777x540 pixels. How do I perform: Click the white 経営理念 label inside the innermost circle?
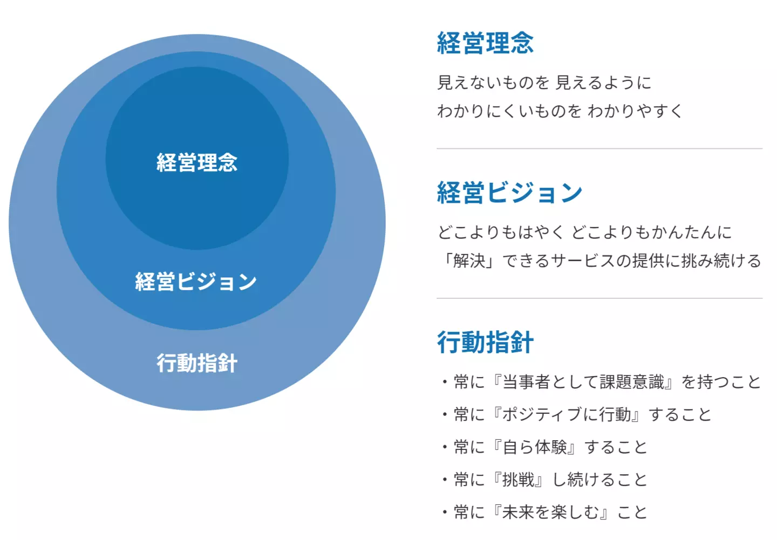(x=197, y=162)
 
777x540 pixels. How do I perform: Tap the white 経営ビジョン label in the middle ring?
(x=196, y=281)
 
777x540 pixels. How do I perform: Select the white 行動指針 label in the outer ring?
(x=197, y=363)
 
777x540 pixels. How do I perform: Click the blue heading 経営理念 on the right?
(x=485, y=43)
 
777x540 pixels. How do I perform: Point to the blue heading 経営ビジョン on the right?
(x=509, y=193)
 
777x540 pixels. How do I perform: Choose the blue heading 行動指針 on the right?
(x=485, y=342)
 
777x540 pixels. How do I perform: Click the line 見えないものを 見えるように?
(x=544, y=83)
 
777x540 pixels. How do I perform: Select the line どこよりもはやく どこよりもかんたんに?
(x=584, y=232)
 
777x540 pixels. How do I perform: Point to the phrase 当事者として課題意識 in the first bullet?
(x=583, y=382)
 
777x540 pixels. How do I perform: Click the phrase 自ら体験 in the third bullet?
(x=535, y=447)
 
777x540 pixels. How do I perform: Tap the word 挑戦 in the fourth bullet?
(x=519, y=480)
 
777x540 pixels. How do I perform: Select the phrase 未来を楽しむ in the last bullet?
(x=551, y=512)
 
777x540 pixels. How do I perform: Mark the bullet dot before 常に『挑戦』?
(x=445, y=480)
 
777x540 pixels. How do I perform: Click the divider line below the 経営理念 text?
(x=599, y=148)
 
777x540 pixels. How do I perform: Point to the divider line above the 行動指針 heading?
(x=599, y=298)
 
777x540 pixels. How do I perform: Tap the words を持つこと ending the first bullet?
(x=721, y=382)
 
